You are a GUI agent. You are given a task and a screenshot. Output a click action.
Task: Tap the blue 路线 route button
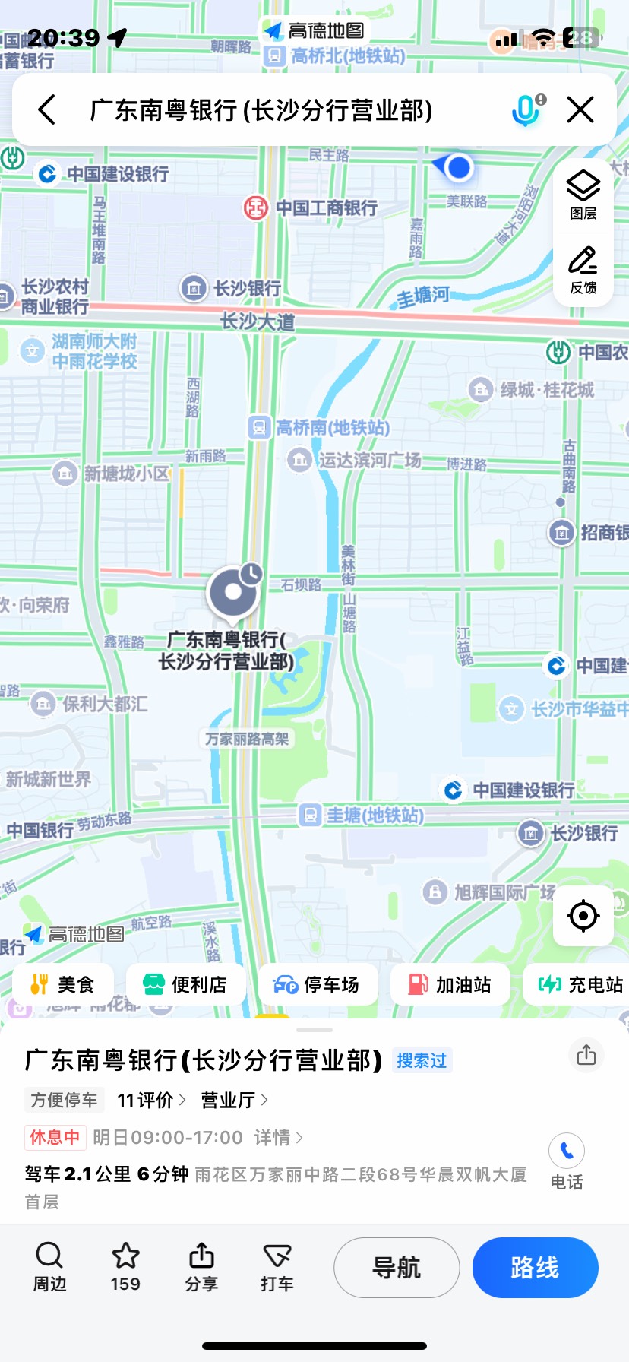(535, 1267)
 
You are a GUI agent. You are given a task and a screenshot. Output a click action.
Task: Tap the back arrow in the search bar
(47, 110)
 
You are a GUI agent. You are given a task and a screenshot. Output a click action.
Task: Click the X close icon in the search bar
(580, 110)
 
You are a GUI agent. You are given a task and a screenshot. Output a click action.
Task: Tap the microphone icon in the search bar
(526, 110)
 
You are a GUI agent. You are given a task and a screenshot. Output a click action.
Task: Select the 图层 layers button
(583, 195)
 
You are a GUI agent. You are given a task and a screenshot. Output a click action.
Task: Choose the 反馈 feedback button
(583, 269)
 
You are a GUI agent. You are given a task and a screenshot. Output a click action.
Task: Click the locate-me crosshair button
(583, 916)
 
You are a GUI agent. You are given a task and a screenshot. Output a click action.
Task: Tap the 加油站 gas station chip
(450, 984)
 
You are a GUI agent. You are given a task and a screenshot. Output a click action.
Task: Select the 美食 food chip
(62, 984)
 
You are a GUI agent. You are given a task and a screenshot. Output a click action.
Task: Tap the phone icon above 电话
(567, 1151)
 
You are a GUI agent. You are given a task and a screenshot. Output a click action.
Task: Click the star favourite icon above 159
(125, 1256)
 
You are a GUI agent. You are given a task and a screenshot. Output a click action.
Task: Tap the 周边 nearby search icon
(49, 1256)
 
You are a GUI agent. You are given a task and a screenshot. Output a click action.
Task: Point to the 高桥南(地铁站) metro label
(320, 427)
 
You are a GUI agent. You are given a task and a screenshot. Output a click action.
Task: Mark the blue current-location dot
(459, 167)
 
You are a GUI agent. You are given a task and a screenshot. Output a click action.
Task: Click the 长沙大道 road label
(258, 321)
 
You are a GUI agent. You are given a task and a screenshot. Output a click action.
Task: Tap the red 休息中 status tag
(55, 1137)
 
